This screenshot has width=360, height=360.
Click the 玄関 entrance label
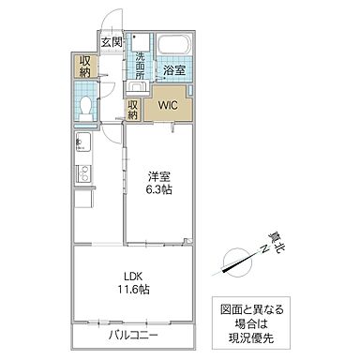(111, 42)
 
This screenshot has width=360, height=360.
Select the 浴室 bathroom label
(173, 70)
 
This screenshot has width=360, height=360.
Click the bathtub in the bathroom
(173, 45)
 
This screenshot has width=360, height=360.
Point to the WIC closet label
(169, 105)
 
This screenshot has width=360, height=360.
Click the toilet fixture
(84, 106)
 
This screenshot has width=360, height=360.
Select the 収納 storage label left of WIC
(133, 108)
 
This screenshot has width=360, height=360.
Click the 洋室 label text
(156, 174)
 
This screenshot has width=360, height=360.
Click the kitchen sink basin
(80, 145)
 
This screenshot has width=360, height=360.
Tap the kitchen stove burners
(80, 172)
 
